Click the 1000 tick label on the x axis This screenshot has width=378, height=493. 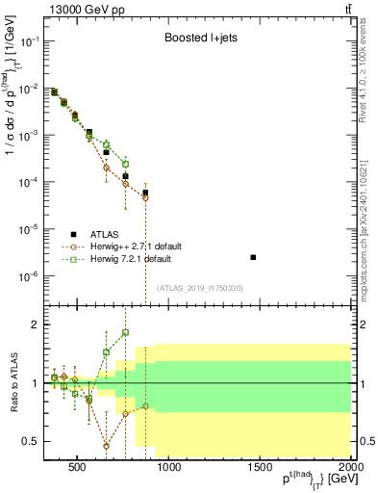tap(168, 469)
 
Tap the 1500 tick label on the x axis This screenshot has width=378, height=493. tap(260, 469)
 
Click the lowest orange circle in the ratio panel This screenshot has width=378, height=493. tap(107, 446)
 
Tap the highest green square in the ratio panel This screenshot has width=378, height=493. tap(125, 332)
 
